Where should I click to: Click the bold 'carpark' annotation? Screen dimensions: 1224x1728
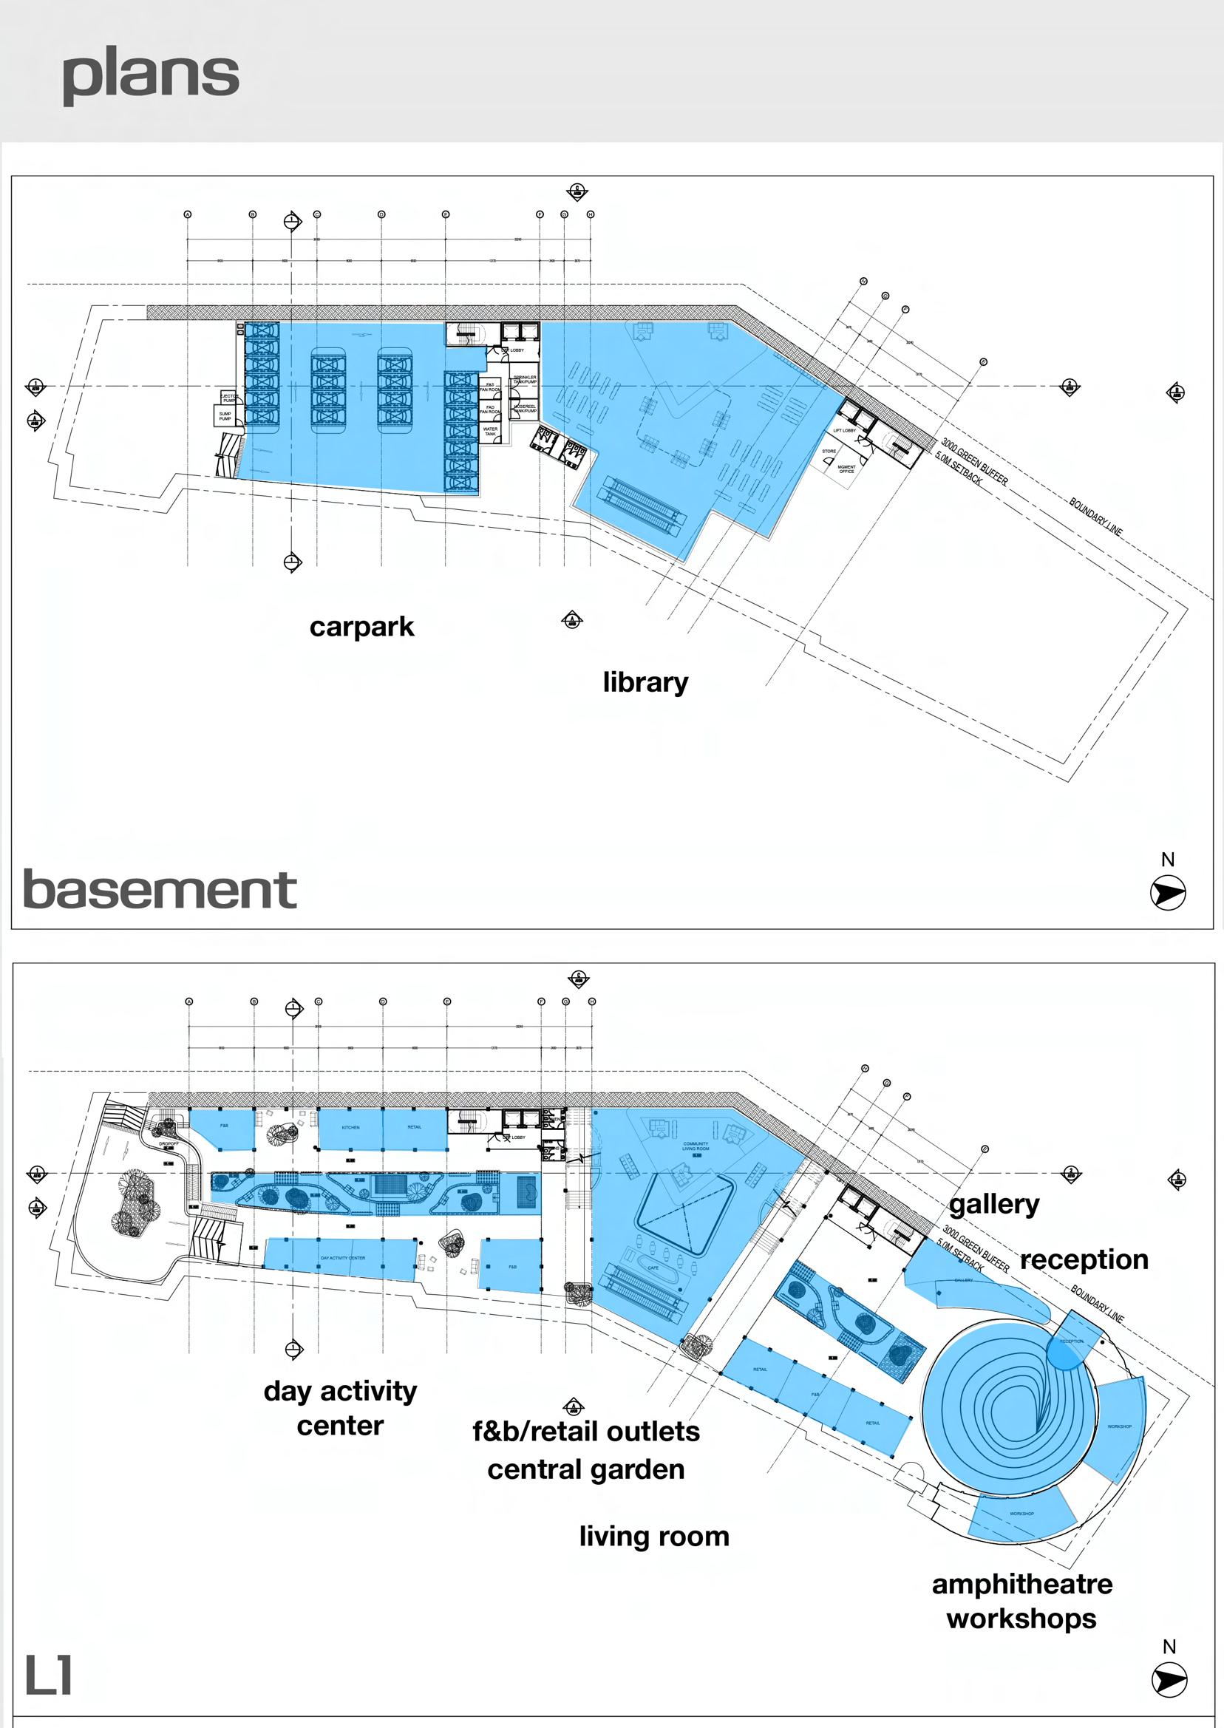pyautogui.click(x=361, y=627)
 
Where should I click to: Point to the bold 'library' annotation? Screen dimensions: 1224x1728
pyautogui.click(x=645, y=682)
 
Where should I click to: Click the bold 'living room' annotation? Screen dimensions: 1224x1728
pyautogui.click(x=654, y=1536)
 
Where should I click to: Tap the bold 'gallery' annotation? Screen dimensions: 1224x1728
pyautogui.click(x=994, y=1204)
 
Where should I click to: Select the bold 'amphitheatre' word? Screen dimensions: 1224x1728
pyautogui.click(x=1022, y=1584)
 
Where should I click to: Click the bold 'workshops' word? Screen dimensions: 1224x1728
pyautogui.click(x=1021, y=1618)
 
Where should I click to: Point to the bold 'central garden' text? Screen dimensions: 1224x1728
pyautogui.click(x=585, y=1469)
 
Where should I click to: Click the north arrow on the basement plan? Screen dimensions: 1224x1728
pyautogui.click(x=1168, y=893)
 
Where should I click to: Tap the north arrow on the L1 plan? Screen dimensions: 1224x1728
pyautogui.click(x=1169, y=1680)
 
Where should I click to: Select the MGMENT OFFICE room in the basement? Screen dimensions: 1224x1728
pyautogui.click(x=846, y=469)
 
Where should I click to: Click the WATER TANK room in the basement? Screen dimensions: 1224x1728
pyautogui.click(x=490, y=431)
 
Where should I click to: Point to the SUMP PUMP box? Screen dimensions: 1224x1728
pyautogui.click(x=225, y=416)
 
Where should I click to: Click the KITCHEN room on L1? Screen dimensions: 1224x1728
pyautogui.click(x=350, y=1127)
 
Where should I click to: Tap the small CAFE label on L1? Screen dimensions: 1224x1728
pyautogui.click(x=653, y=1268)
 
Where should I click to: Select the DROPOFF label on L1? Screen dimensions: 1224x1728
pyautogui.click(x=168, y=1144)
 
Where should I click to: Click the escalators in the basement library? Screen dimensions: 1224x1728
pyautogui.click(x=642, y=505)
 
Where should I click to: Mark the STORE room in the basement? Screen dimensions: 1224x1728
pyautogui.click(x=829, y=452)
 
